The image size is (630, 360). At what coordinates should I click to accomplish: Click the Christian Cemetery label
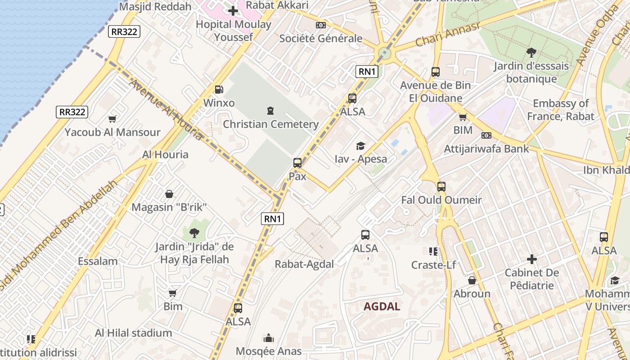click(x=270, y=124)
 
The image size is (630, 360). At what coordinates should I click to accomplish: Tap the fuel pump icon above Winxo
click(x=219, y=90)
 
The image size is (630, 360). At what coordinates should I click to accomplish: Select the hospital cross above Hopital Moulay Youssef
click(x=233, y=11)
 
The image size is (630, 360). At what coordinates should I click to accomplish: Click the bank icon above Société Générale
click(x=320, y=25)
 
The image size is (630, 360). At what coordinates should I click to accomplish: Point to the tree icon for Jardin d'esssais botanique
click(x=531, y=53)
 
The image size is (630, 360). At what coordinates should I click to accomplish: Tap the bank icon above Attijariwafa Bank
click(x=486, y=135)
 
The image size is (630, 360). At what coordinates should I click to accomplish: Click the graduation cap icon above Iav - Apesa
click(x=360, y=146)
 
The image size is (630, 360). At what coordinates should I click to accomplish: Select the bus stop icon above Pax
click(x=297, y=163)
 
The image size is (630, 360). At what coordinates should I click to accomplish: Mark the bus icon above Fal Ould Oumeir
click(x=441, y=186)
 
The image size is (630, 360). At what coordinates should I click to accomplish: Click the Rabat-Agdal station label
click(x=304, y=264)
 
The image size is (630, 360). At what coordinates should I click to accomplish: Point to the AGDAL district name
click(x=382, y=306)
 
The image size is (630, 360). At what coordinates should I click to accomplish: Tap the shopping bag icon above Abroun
click(x=472, y=280)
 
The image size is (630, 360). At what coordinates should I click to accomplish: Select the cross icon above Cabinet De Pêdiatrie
click(x=532, y=259)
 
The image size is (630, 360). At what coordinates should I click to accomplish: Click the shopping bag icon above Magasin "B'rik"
click(x=169, y=194)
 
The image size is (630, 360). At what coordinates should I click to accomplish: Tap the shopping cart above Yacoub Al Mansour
click(x=112, y=119)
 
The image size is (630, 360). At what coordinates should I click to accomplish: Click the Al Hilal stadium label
click(x=133, y=333)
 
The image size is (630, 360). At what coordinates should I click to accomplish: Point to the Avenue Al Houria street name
click(x=165, y=109)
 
